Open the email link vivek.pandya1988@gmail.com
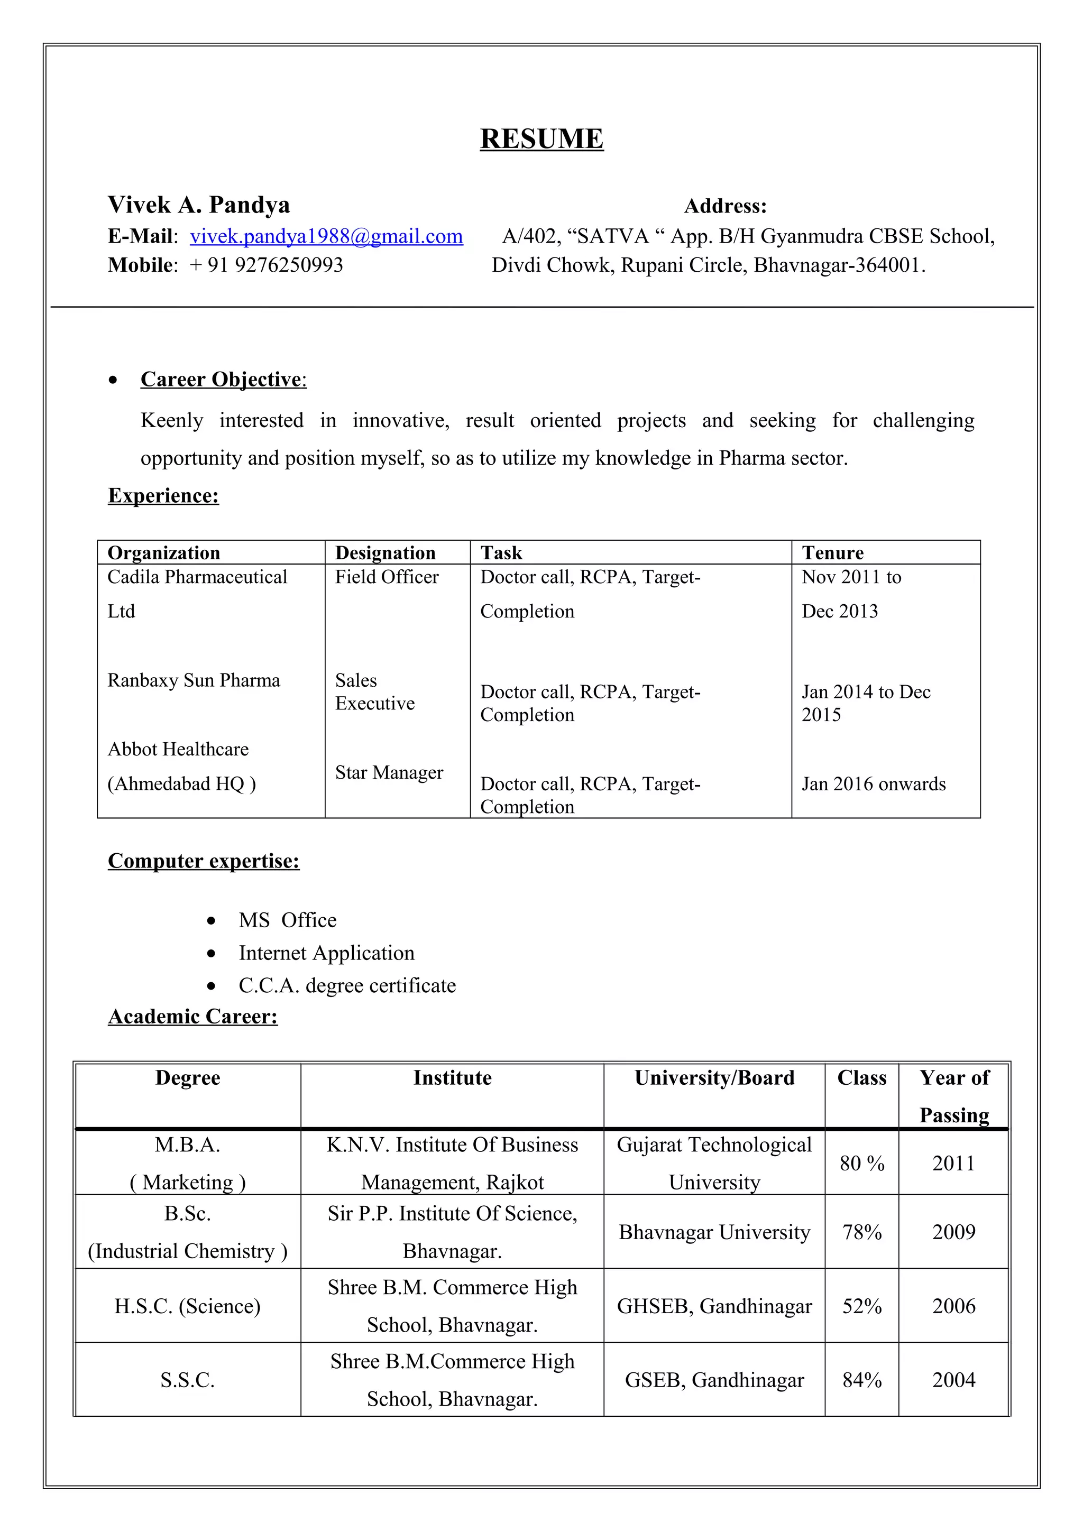coord(326,236)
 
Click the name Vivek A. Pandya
coord(199,205)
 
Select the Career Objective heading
coord(223,379)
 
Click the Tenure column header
coord(832,552)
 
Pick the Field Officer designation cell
coord(387,577)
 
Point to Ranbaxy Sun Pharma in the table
coord(194,680)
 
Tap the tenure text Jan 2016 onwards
coord(873,783)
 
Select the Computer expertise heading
coord(204,861)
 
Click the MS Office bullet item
coord(288,920)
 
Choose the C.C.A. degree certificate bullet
coord(347,985)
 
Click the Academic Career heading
coord(193,1016)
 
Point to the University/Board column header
coord(714,1077)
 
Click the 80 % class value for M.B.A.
coord(861,1163)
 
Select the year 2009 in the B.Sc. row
coord(953,1232)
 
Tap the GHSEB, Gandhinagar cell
coord(714,1306)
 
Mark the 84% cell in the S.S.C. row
coord(861,1379)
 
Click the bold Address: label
coord(726,206)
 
